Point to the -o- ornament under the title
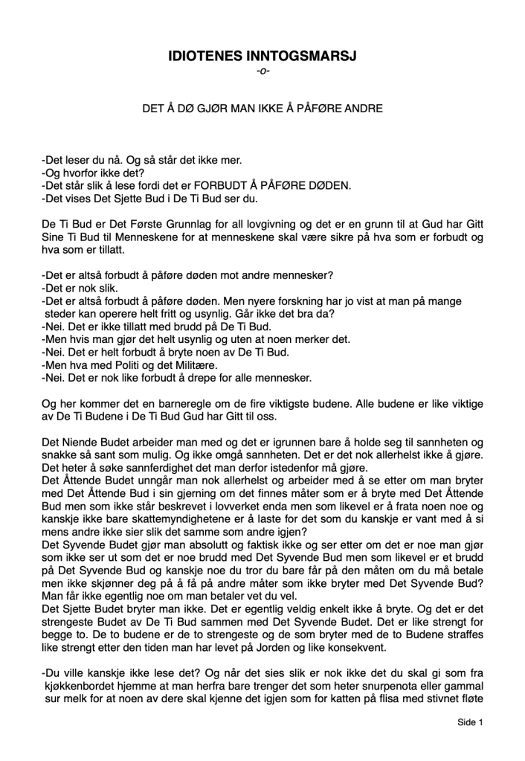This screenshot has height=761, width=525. click(x=262, y=71)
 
